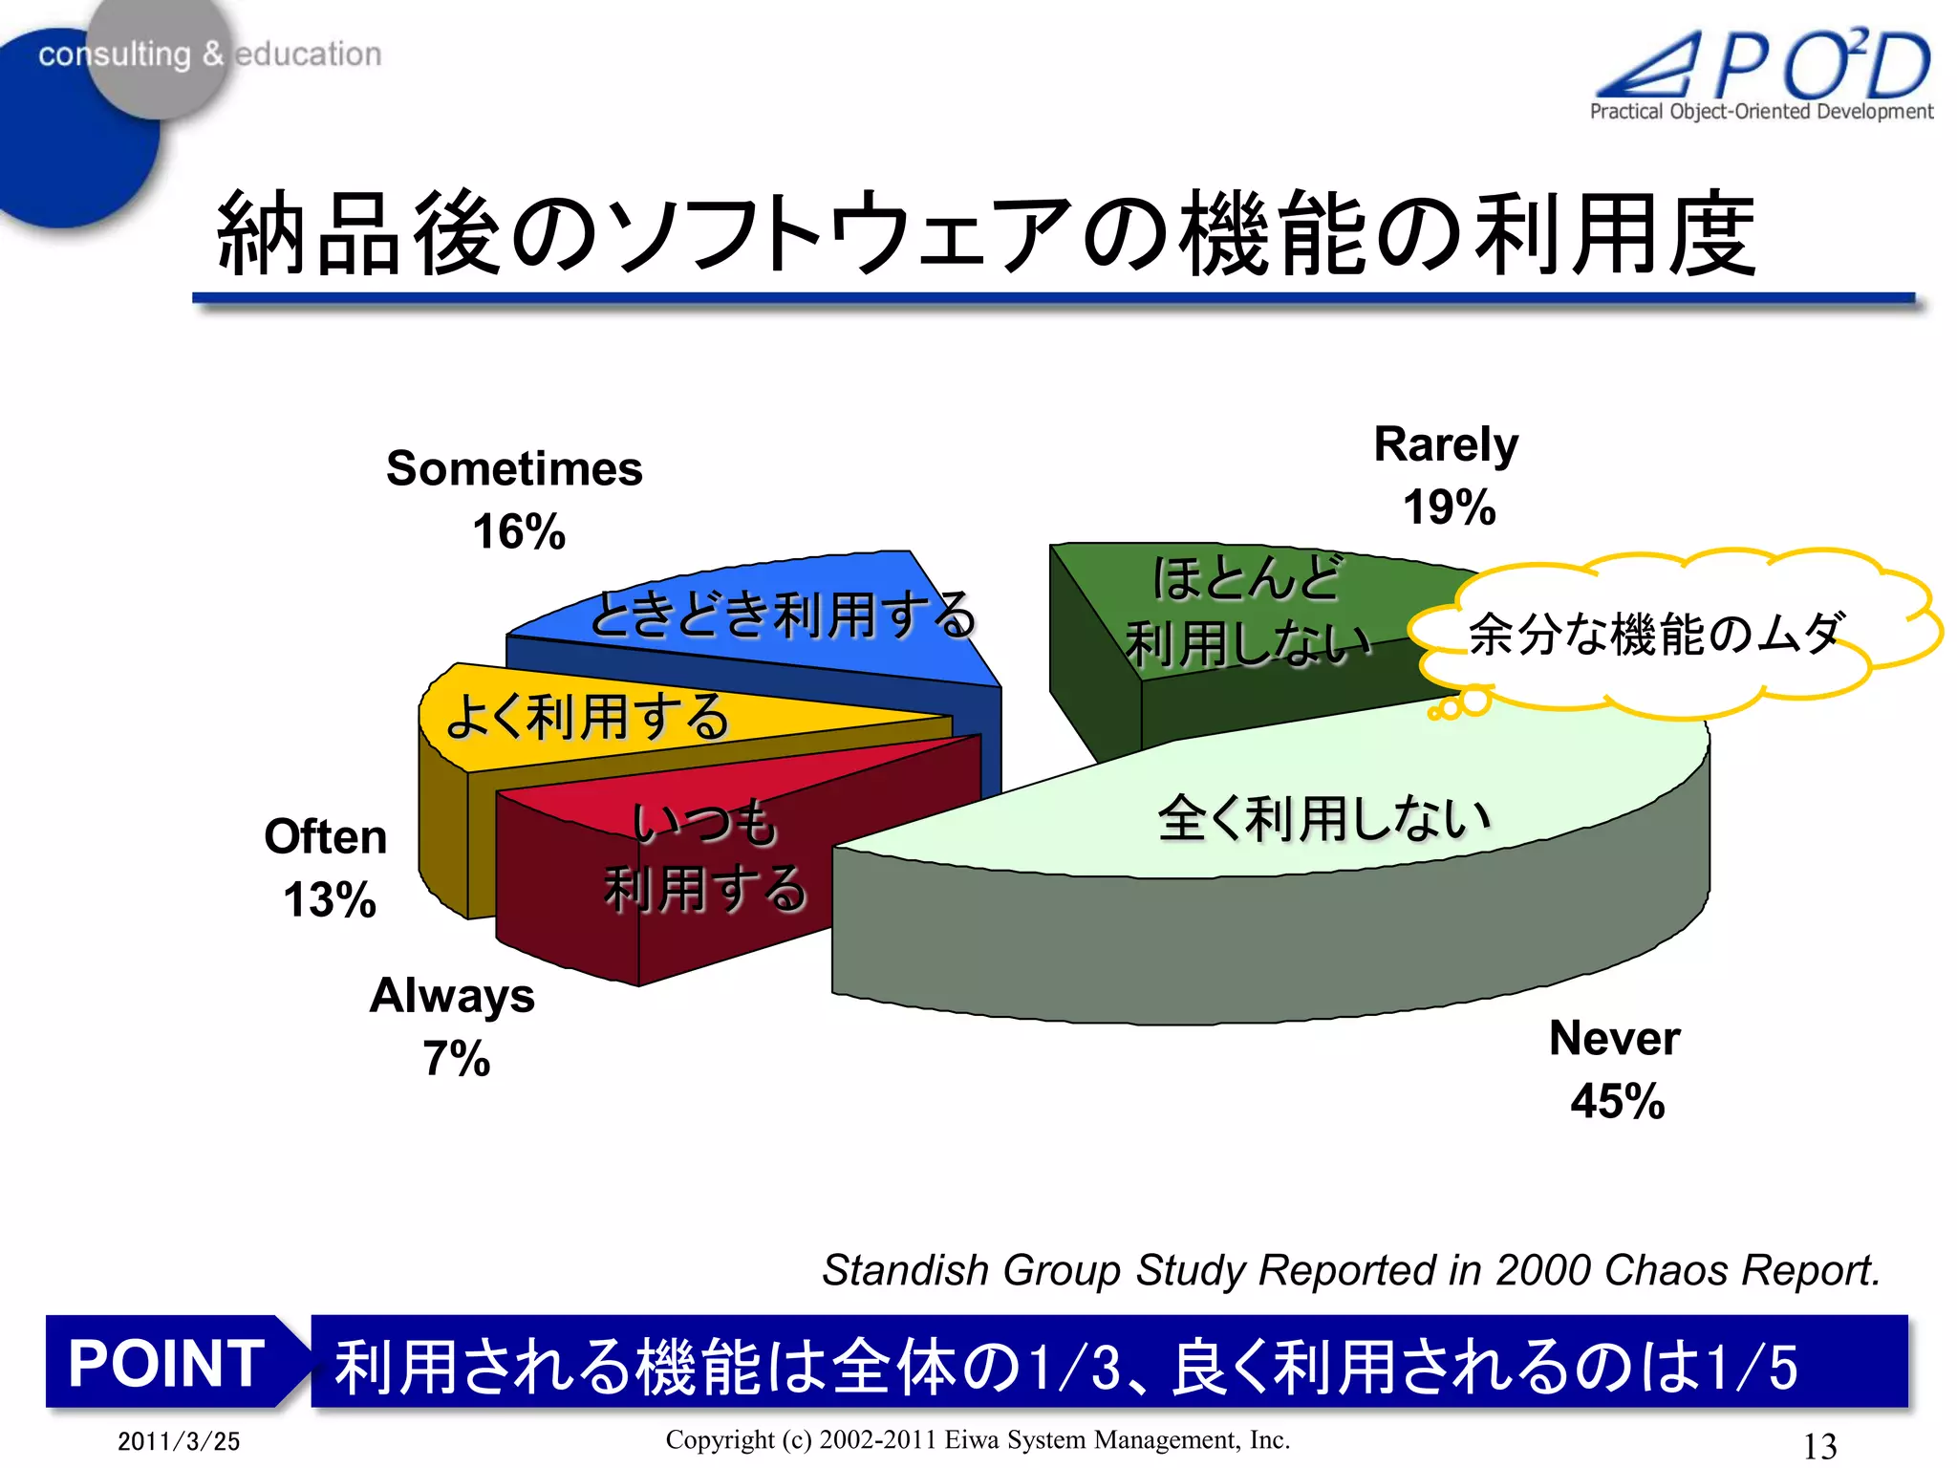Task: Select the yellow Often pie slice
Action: coord(592,717)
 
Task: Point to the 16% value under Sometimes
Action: coord(519,532)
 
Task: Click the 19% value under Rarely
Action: coord(1449,507)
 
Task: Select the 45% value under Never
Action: coord(1617,1101)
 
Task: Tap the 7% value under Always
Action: coord(456,1059)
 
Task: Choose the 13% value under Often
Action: coord(330,900)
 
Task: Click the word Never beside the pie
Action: coord(1614,1039)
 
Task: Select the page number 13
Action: coord(1819,1445)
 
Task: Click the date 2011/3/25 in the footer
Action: coord(179,1441)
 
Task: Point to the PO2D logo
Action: coord(1763,72)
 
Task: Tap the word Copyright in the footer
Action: coord(720,1439)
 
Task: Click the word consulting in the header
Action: coord(115,54)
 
